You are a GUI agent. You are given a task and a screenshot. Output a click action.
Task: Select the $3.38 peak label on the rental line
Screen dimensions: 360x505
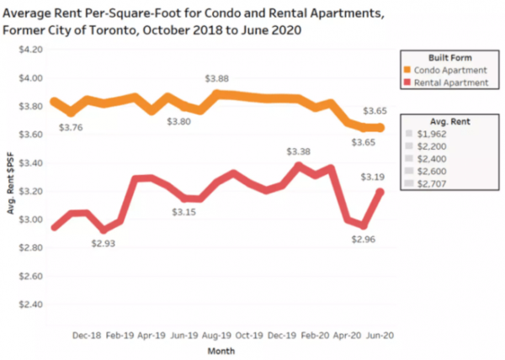tap(299, 151)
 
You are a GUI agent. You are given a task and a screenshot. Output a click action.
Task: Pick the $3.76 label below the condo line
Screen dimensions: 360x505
tap(71, 128)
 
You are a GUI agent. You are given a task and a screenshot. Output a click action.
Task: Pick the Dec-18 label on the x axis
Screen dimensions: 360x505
tap(88, 334)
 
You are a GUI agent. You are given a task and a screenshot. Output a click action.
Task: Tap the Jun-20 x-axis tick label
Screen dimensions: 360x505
tap(375, 334)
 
